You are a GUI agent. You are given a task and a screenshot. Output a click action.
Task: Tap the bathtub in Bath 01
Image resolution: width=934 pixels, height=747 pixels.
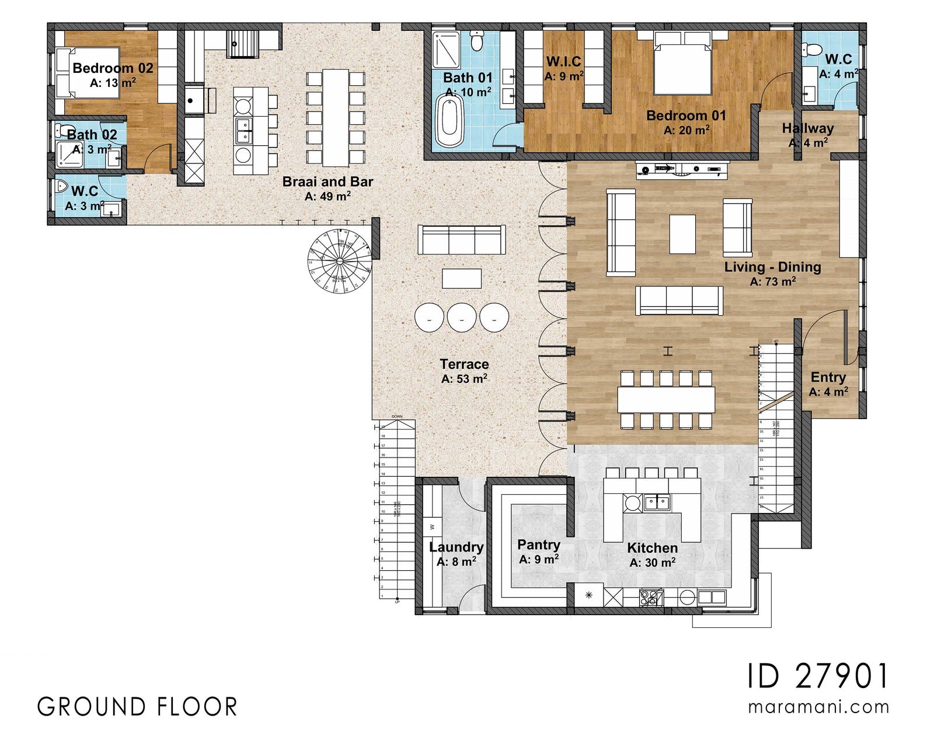pos(449,121)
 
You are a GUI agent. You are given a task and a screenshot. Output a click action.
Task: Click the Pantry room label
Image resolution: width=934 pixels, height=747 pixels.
pos(538,544)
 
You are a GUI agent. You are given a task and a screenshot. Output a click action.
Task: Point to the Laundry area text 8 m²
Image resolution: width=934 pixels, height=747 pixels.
pos(456,562)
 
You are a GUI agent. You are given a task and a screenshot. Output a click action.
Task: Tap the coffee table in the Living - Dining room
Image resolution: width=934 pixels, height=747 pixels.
pos(682,234)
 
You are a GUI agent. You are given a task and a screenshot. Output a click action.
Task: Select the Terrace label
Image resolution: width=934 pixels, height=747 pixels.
pos(464,364)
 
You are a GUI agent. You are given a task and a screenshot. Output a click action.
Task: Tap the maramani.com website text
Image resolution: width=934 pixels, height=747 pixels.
pos(818,707)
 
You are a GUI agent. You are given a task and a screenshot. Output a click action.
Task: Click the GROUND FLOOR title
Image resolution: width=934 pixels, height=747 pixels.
pos(138,707)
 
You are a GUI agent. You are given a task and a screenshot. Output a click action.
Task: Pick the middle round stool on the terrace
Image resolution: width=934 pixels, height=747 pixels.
pos(462,318)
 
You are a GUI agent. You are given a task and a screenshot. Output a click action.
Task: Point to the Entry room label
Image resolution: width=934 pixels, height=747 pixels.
pos(828,377)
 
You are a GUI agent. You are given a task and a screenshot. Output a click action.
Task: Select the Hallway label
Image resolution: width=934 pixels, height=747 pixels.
pos(808,128)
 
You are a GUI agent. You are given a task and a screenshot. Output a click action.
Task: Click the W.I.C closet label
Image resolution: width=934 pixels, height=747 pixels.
pos(563,61)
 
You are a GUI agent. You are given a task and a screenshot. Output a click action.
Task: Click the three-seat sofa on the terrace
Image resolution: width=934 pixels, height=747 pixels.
pos(461,239)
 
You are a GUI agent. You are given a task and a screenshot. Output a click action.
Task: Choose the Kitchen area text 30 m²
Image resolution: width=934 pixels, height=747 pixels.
pos(652,563)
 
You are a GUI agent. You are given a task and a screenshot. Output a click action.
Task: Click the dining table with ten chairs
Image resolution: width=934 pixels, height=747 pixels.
pos(666,400)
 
